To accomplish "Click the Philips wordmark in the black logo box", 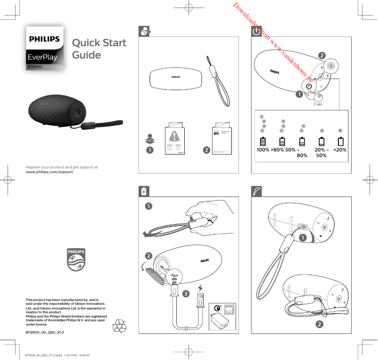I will tap(45, 39).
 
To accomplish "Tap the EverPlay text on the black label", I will tap(42, 58).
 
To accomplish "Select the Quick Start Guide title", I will tap(99, 49).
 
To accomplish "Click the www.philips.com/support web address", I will tap(49, 172).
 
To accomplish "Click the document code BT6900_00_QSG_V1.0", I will tap(45, 332).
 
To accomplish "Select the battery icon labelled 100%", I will tap(263, 142).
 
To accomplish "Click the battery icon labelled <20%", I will tap(340, 142).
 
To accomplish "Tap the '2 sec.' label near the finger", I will tap(318, 104).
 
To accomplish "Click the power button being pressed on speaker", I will tap(308, 86).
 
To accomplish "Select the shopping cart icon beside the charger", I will tap(230, 309).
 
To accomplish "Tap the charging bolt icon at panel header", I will tap(145, 191).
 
